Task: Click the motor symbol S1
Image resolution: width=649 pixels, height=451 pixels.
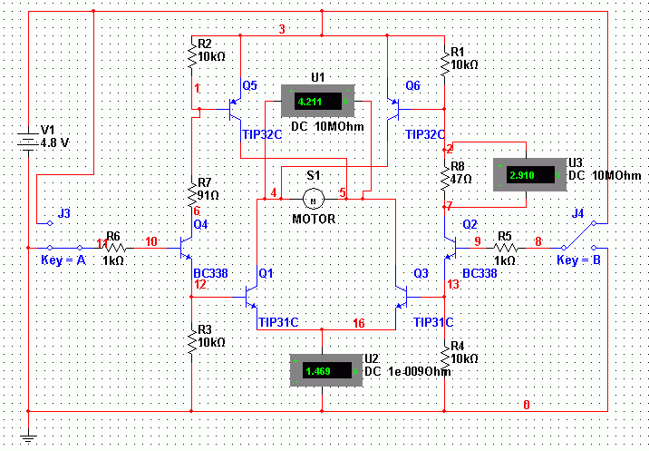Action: click(x=314, y=199)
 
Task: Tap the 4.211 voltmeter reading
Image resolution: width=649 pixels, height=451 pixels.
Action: click(x=310, y=102)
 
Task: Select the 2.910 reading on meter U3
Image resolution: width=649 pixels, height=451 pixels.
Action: click(x=522, y=175)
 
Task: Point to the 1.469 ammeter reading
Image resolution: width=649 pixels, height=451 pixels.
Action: click(x=318, y=371)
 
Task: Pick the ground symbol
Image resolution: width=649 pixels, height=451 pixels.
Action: click(x=28, y=437)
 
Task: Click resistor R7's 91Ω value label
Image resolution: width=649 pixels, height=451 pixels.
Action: click(x=208, y=195)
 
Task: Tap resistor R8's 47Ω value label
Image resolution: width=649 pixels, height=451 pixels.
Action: click(x=460, y=179)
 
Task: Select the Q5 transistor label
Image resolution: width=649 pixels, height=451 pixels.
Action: click(x=249, y=86)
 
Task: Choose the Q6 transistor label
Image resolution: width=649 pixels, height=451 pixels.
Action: click(x=412, y=86)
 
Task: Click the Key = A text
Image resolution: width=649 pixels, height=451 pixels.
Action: click(x=63, y=260)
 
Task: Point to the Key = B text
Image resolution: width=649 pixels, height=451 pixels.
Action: click(x=578, y=260)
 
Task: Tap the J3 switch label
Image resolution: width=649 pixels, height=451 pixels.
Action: click(x=64, y=213)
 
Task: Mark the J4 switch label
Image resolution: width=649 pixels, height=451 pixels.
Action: click(x=577, y=213)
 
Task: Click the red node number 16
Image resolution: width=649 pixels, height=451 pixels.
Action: click(x=359, y=323)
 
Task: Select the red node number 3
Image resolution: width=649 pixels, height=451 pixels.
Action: click(x=282, y=29)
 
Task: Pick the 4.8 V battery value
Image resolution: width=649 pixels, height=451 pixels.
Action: click(x=54, y=143)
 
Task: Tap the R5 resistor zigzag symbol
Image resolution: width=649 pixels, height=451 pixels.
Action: click(x=506, y=248)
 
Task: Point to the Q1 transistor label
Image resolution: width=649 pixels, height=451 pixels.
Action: click(x=266, y=273)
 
